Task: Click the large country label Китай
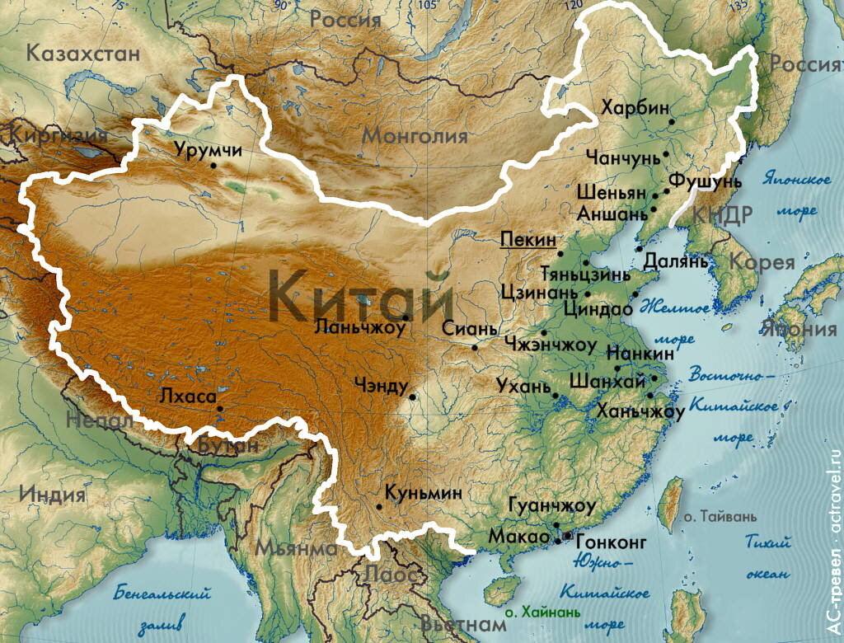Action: (x=361, y=297)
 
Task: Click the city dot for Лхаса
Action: (x=219, y=408)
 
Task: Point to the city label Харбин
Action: (x=635, y=107)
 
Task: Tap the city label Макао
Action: (x=518, y=537)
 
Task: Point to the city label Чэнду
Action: (x=380, y=384)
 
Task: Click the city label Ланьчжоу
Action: (x=360, y=327)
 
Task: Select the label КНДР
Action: (x=722, y=216)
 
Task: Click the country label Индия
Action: (x=53, y=495)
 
